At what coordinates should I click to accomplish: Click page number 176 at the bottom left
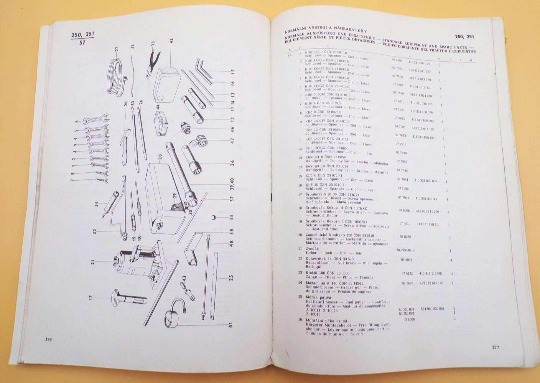(49, 340)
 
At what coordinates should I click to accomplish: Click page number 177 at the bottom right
(495, 348)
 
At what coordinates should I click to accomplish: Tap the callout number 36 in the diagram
(232, 163)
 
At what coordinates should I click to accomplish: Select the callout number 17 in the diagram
(90, 297)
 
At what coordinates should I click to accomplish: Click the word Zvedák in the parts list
(312, 249)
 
